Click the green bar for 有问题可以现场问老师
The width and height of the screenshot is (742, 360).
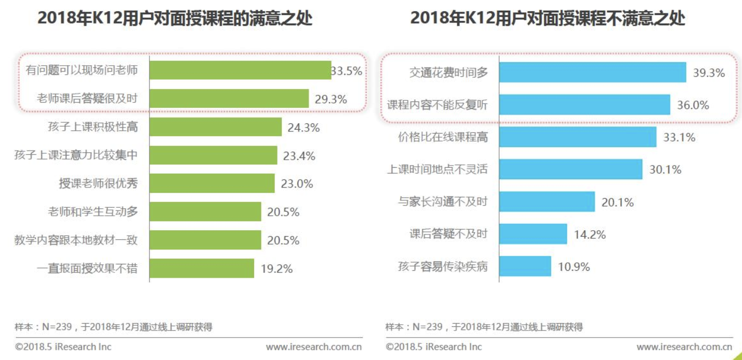tap(240, 71)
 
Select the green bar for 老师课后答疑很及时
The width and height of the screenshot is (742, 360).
tap(229, 99)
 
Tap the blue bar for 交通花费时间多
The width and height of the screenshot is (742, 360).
tap(593, 73)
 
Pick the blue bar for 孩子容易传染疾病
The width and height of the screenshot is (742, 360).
tap(525, 267)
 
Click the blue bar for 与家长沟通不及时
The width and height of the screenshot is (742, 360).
tap(547, 202)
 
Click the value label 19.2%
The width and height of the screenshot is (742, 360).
tap(277, 269)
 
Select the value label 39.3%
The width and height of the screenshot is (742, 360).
tap(708, 73)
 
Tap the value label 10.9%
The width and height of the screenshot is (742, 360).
tap(574, 267)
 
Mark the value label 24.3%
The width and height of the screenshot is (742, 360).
tap(304, 128)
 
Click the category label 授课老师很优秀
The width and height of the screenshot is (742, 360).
tap(98, 184)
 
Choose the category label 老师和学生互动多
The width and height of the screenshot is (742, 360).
tap(93, 212)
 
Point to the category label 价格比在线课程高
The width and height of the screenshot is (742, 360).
tap(443, 137)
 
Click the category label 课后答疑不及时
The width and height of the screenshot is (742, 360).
tap(448, 234)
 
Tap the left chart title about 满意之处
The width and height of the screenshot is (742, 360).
tap(175, 19)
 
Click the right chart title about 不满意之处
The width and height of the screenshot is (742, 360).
tap(547, 19)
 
